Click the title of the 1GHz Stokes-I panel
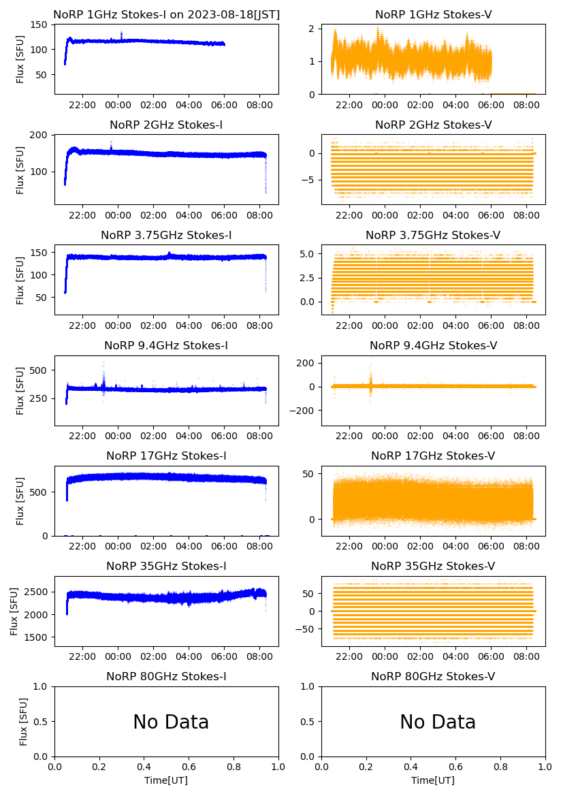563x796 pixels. tap(166, 15)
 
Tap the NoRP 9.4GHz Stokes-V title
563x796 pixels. tap(433, 346)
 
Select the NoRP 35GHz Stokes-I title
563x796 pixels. tap(166, 567)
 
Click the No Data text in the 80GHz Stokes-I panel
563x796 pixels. tap(171, 722)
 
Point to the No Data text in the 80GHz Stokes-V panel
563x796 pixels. tap(438, 722)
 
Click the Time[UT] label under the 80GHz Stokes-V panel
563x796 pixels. tap(433, 780)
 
